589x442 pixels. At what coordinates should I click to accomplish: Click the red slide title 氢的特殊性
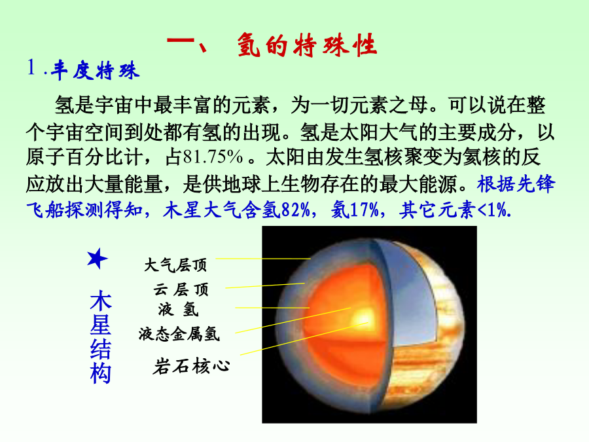pos(308,45)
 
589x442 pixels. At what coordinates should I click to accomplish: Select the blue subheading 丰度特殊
pos(95,70)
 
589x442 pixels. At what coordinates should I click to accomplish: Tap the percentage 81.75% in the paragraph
pos(213,157)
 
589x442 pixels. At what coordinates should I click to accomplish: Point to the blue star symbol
pos(97,258)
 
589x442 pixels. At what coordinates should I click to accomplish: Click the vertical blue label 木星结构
pos(100,337)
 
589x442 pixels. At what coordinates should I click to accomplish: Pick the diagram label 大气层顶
pos(175,265)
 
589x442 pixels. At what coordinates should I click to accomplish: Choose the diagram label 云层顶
pos(181,289)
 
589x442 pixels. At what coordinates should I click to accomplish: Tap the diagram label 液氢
pos(178,310)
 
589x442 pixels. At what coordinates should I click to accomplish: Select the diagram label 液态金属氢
pos(179,334)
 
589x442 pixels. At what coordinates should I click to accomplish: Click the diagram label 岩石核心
pos(191,366)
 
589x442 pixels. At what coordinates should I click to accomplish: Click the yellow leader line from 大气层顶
pos(263,259)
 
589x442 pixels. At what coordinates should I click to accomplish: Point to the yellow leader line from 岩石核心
pos(304,339)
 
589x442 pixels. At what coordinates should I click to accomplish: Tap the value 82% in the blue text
pos(295,210)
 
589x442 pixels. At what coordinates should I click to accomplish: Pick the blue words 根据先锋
pos(516,184)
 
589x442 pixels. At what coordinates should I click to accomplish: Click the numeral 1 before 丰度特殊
pos(31,67)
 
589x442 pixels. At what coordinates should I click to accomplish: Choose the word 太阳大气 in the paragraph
pos(379,132)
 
